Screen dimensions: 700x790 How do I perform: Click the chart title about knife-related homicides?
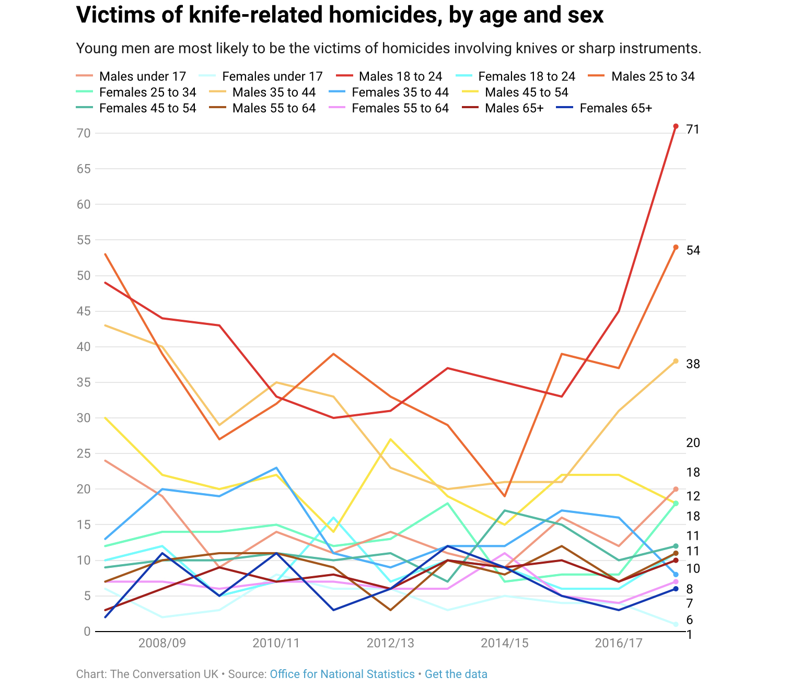pos(340,16)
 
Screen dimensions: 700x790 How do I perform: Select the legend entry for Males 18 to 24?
pos(400,77)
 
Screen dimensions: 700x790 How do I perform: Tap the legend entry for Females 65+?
pos(615,108)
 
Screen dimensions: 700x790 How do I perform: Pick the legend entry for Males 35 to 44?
pos(274,92)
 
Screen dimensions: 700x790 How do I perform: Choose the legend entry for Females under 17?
pos(272,77)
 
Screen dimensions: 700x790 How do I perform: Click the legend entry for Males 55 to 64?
pos(274,108)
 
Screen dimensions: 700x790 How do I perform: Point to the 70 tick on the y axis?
pos(84,133)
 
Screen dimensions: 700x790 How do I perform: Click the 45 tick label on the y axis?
pos(84,311)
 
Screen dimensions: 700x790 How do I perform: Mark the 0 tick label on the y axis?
pos(87,632)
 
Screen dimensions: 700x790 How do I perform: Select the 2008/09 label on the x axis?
pos(162,643)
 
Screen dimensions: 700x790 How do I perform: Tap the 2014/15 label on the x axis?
pos(505,643)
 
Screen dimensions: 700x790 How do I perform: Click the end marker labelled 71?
pos(676,126)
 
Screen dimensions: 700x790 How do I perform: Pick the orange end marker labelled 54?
pos(676,247)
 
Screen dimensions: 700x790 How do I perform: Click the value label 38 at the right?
pos(693,364)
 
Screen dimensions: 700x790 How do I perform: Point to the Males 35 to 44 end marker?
pos(676,361)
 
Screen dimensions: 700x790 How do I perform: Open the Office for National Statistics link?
pos(342,674)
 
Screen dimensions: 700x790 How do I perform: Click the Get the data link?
pos(456,674)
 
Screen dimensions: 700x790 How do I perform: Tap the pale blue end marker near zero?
pos(676,624)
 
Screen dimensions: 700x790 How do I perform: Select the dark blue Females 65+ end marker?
pos(676,589)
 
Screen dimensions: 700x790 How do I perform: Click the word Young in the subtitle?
pos(94,49)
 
